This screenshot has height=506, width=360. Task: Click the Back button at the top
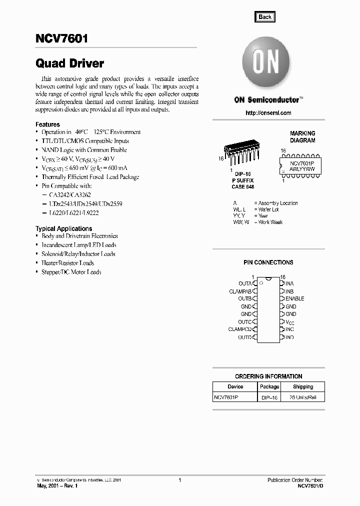[x=265, y=16]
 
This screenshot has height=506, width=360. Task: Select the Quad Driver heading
[x=69, y=63]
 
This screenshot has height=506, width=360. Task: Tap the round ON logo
[x=267, y=64]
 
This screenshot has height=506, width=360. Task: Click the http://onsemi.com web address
[x=268, y=113]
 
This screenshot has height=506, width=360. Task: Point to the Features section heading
[x=47, y=124]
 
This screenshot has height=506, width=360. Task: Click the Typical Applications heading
[x=63, y=228]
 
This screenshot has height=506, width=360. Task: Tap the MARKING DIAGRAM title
[x=302, y=137]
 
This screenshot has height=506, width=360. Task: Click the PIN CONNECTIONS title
[x=268, y=262]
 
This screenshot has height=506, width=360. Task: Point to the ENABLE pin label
[x=294, y=298]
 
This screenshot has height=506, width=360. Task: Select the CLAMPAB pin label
[x=240, y=291]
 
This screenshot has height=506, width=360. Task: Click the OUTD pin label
[x=245, y=337]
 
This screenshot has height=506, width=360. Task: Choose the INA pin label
[x=289, y=283]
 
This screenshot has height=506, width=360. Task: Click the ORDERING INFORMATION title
[x=268, y=376]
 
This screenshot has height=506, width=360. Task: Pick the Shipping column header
[x=303, y=386]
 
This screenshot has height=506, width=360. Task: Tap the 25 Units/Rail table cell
[x=303, y=397]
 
